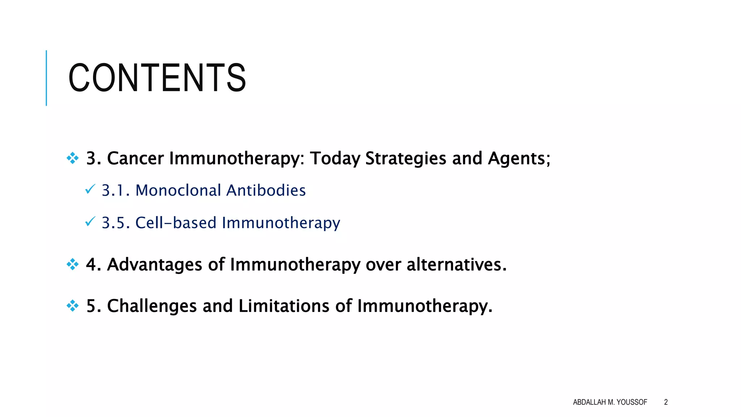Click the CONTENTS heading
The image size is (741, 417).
pyautogui.click(x=157, y=78)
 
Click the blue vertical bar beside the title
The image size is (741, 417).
pyautogui.click(x=46, y=78)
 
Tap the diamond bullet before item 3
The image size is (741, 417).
pyautogui.click(x=73, y=158)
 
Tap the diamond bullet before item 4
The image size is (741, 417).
pyautogui.click(x=73, y=264)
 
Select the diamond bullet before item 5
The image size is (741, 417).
pyautogui.click(x=73, y=306)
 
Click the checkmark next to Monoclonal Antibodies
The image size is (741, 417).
pyautogui.click(x=90, y=189)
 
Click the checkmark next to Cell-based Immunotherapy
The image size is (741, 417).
pyautogui.click(x=90, y=221)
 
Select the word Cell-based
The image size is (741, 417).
pyautogui.click(x=175, y=223)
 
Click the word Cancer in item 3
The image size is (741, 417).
pyautogui.click(x=135, y=159)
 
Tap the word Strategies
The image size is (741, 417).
pyautogui.click(x=406, y=159)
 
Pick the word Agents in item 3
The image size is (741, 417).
pyautogui.click(x=519, y=159)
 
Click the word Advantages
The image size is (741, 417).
pyautogui.click(x=154, y=265)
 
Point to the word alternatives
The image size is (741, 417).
pyautogui.click(x=456, y=265)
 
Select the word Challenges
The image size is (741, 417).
pyautogui.click(x=152, y=306)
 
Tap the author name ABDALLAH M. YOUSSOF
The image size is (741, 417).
pyautogui.click(x=610, y=402)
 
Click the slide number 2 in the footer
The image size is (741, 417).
pyautogui.click(x=666, y=402)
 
